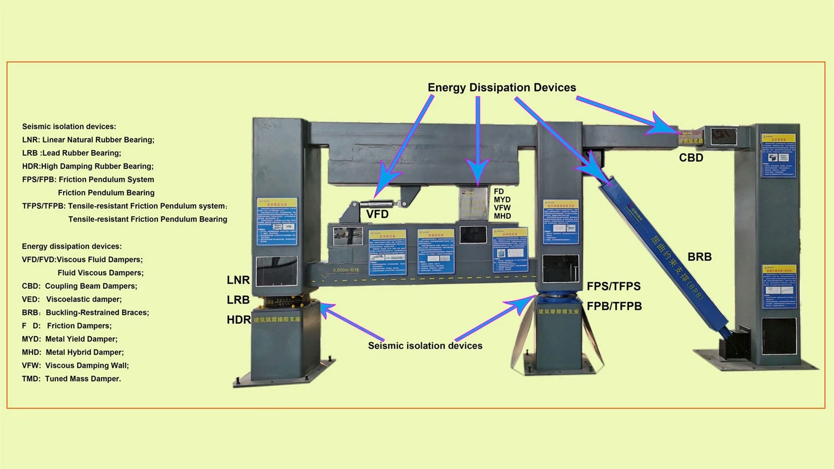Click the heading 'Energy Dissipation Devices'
pos(501,88)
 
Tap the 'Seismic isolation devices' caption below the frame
pos(425,345)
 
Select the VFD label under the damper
pos(377,214)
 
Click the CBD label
pos(691,157)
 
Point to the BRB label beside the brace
pos(699,257)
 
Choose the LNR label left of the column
pos(238,280)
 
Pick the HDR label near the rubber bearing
pos(238,319)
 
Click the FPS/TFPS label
pos(614,286)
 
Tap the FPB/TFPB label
pos(614,306)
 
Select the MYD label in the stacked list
pos(502,200)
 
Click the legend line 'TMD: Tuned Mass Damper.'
pos(71,379)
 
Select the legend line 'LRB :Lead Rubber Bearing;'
pos(71,153)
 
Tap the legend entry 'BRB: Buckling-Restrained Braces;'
pos(85,313)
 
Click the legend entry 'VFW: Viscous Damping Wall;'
pos(75,365)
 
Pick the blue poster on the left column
pos(277,221)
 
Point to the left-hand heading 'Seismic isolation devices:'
pos(69,127)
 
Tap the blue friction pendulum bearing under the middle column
pos(558,299)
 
